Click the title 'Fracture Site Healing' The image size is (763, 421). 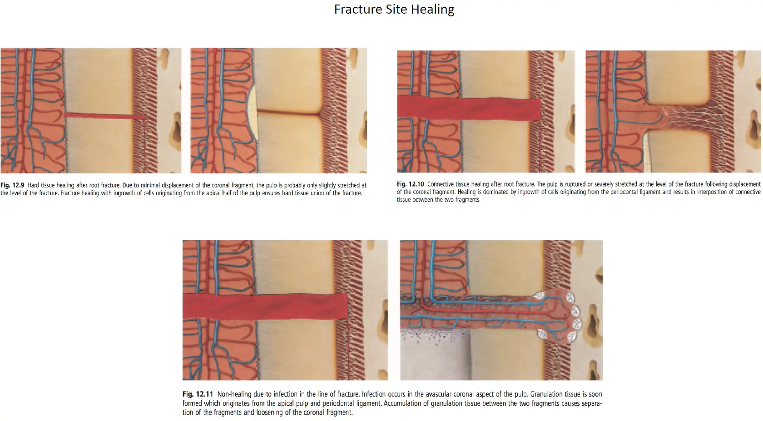point(394,10)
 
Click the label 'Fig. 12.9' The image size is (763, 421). point(12,185)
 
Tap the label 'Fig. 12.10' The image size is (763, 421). point(411,184)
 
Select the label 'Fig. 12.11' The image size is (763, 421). point(198,394)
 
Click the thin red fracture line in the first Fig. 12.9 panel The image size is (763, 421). point(104,116)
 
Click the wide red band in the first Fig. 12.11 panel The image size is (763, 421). point(265,306)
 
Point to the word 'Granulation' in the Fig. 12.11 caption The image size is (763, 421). point(549,394)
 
